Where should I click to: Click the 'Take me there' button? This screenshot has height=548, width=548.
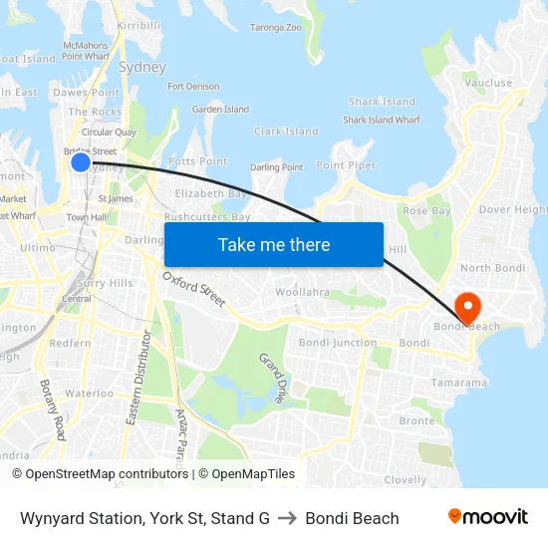tap(274, 244)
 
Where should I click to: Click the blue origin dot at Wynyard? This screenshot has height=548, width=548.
tap(81, 160)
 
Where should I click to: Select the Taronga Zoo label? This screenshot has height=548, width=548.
tap(275, 27)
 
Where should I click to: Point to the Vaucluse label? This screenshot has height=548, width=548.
tap(488, 83)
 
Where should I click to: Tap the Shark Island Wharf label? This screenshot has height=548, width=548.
tap(382, 120)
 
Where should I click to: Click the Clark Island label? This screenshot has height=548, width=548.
tap(286, 132)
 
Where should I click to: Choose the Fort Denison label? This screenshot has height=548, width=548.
tap(193, 87)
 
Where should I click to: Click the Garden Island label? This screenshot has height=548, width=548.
tap(220, 109)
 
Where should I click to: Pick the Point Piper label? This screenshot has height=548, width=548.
tap(346, 165)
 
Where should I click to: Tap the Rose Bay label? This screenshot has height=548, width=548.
tap(426, 211)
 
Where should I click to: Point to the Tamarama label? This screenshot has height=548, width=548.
tap(459, 383)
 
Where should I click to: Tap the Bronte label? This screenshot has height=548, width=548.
tap(417, 420)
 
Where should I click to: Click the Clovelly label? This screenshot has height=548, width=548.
tap(406, 479)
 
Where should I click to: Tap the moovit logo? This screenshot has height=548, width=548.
tap(488, 517)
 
